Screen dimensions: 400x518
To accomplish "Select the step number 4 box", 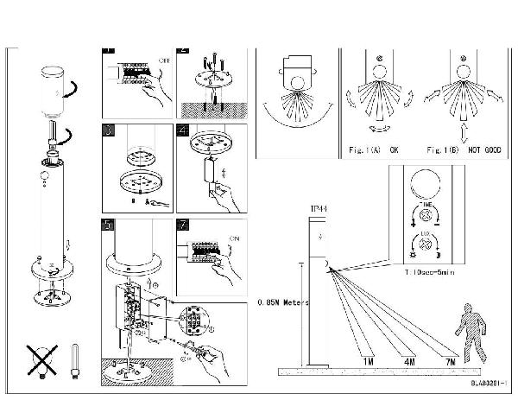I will point(182,131).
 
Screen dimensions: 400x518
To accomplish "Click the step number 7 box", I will point(182,227).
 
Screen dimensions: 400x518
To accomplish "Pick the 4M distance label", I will point(408,359).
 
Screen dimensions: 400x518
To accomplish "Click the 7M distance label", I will point(450,359).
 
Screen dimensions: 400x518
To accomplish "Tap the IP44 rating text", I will point(319,210).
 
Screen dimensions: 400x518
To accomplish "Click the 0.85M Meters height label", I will point(283,302).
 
